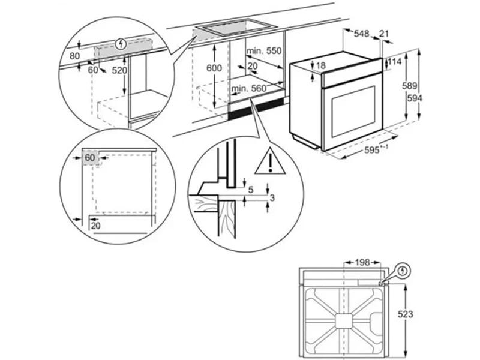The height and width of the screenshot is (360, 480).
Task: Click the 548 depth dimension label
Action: (x=360, y=34)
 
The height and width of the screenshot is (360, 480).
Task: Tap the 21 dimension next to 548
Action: (x=385, y=34)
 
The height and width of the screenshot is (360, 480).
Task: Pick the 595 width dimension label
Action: (x=372, y=151)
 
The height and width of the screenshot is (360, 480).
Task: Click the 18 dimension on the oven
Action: (x=320, y=65)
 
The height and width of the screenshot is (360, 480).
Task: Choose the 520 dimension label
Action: (x=120, y=70)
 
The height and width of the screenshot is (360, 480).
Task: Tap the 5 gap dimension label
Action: (x=252, y=190)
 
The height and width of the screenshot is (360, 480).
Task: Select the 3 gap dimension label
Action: (x=272, y=197)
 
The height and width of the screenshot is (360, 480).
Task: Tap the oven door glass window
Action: (x=353, y=110)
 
